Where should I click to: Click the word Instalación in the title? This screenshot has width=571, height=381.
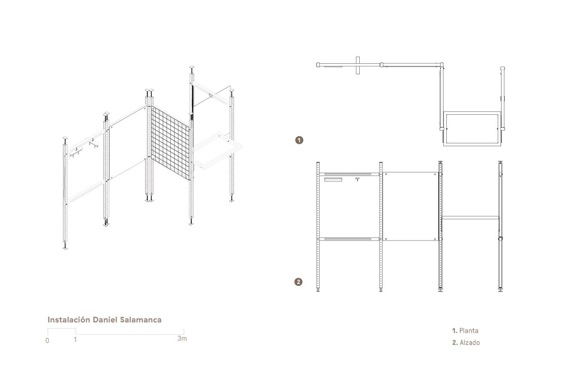(69, 320)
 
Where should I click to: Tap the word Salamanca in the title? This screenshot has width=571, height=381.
(141, 320)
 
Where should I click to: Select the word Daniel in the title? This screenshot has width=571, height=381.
(105, 320)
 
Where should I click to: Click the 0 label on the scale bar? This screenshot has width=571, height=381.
(47, 341)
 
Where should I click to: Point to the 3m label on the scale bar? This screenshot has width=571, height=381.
(182, 339)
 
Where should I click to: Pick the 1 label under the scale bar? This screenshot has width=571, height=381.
(75, 340)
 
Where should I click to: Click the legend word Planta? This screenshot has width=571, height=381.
(469, 331)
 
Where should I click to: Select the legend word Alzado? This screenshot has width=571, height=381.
(470, 342)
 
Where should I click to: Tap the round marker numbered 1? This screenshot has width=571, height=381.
(299, 140)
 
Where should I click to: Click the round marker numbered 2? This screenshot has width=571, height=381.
(298, 282)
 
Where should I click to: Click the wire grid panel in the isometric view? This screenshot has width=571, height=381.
(170, 143)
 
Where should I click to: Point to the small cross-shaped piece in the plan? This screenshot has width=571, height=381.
(358, 65)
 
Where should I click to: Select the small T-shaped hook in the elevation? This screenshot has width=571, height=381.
(357, 180)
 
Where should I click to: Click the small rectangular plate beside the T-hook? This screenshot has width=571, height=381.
(333, 180)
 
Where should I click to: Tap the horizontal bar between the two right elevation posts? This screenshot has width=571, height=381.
(470, 218)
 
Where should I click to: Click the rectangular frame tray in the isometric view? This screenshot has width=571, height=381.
(217, 150)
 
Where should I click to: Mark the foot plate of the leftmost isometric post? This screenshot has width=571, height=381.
(65, 248)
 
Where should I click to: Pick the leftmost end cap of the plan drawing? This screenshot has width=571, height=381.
(318, 65)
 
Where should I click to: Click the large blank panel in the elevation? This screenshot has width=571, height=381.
(411, 206)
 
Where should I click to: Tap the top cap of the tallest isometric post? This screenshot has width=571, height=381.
(192, 67)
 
